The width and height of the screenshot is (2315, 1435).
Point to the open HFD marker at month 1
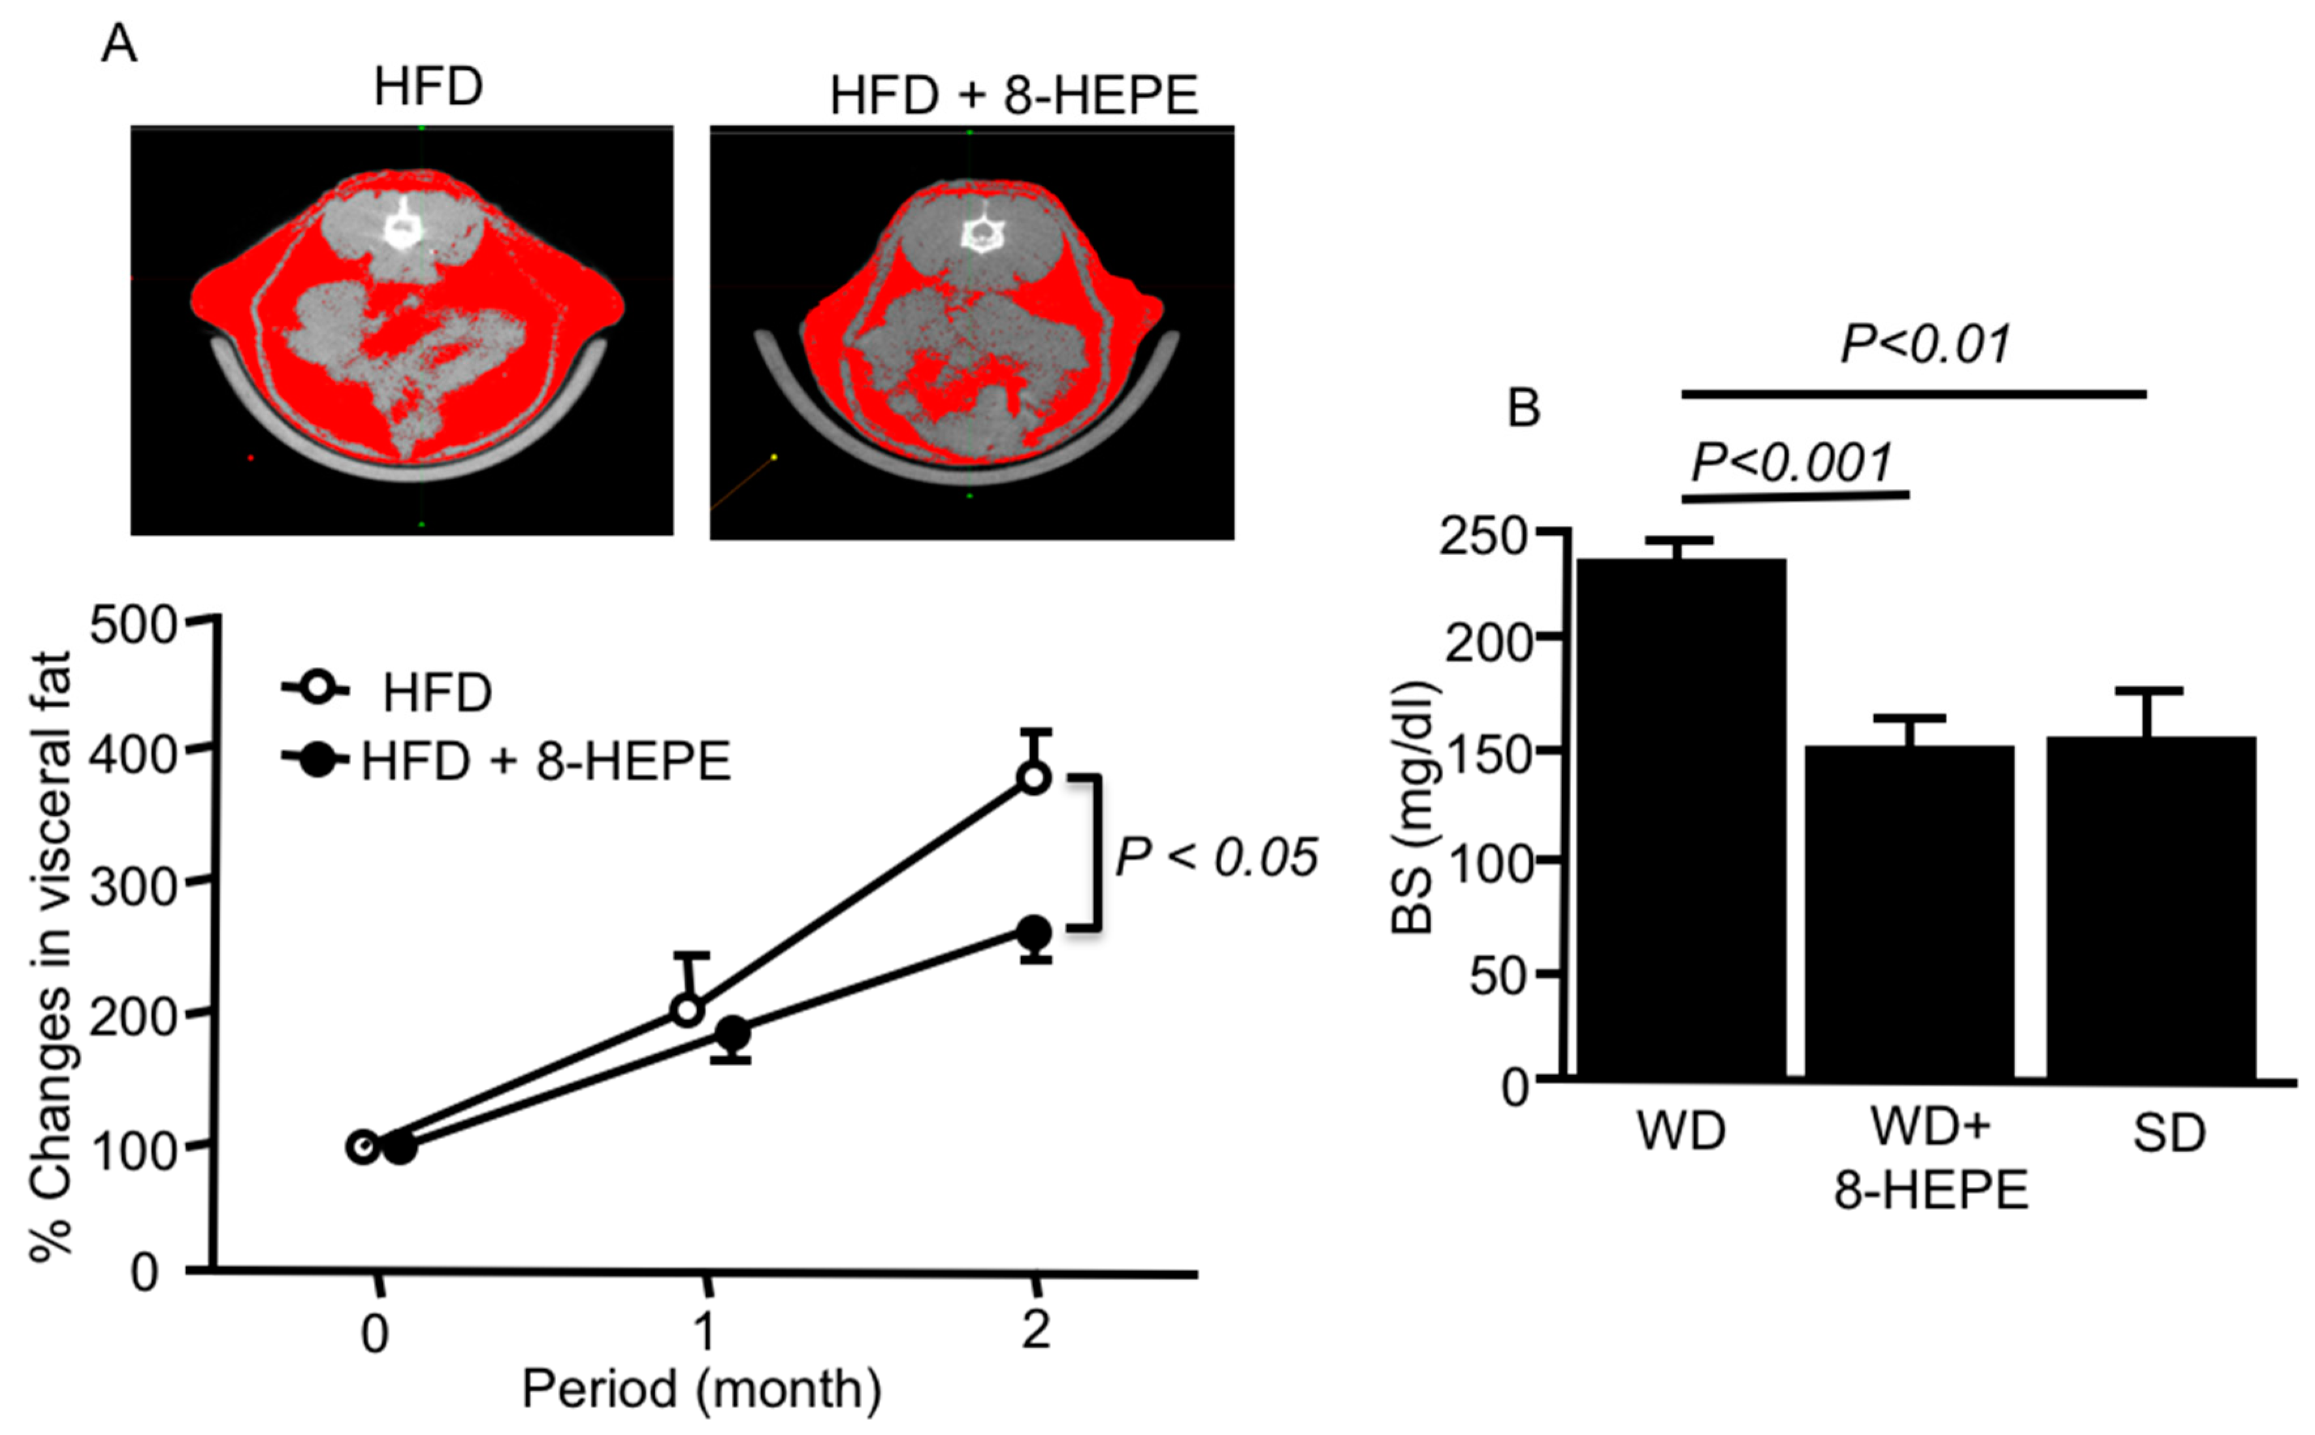688,1010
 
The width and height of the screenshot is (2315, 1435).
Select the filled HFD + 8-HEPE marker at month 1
732,1033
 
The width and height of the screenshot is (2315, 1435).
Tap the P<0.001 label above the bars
1792,463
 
